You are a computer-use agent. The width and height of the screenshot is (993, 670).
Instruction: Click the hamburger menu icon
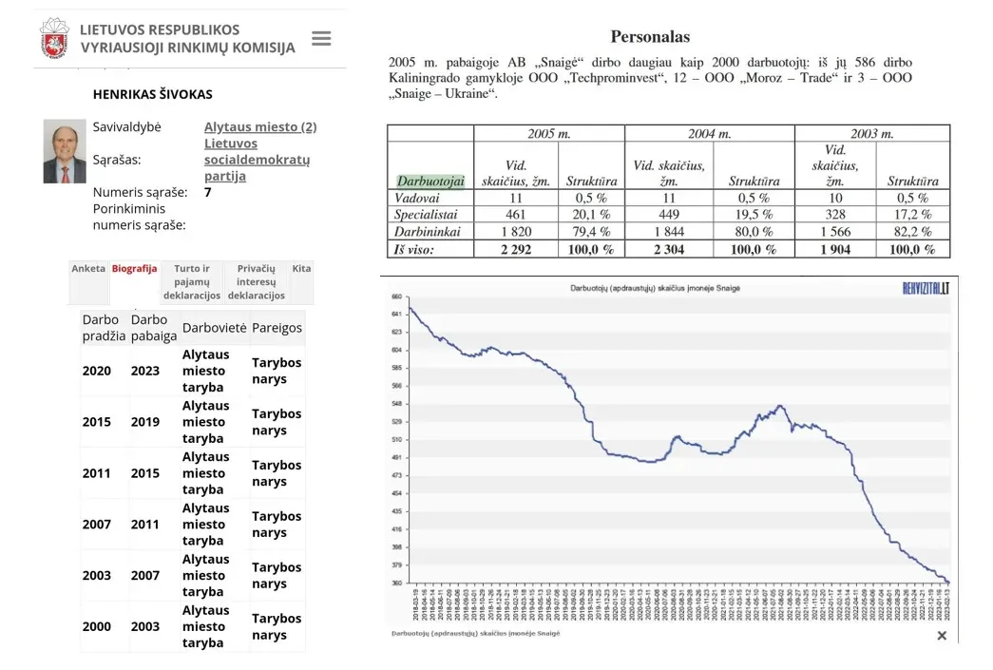pos(321,39)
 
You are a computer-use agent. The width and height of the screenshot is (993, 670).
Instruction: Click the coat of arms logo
pos(54,39)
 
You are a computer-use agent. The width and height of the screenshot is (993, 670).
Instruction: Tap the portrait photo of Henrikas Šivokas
pos(65,151)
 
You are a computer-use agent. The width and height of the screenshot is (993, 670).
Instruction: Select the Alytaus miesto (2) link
pos(260,127)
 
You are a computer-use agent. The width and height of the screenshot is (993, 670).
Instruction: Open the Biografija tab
pos(134,269)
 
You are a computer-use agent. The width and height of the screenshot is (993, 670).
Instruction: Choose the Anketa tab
pos(88,269)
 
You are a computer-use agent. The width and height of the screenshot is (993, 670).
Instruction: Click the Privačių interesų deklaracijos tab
pos(256,282)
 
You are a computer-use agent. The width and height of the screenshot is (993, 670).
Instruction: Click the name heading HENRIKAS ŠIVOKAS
pos(152,95)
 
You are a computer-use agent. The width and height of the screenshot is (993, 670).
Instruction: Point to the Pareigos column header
pos(277,328)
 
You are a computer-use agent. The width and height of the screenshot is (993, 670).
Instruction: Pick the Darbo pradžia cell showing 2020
pos(96,371)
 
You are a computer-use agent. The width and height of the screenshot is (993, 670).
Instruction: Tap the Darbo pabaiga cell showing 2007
pos(146,575)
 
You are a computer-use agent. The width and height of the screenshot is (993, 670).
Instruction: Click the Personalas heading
pos(650,37)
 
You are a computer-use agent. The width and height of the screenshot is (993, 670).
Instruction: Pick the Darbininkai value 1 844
pos(669,232)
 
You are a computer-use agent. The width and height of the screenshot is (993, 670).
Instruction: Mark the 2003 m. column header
pos(871,134)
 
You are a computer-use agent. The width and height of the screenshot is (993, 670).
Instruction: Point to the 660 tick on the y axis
pos(397,296)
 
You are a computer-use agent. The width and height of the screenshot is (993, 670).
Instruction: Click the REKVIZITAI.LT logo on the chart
pos(925,288)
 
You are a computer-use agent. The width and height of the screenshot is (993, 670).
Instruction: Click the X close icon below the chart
pos(942,635)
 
